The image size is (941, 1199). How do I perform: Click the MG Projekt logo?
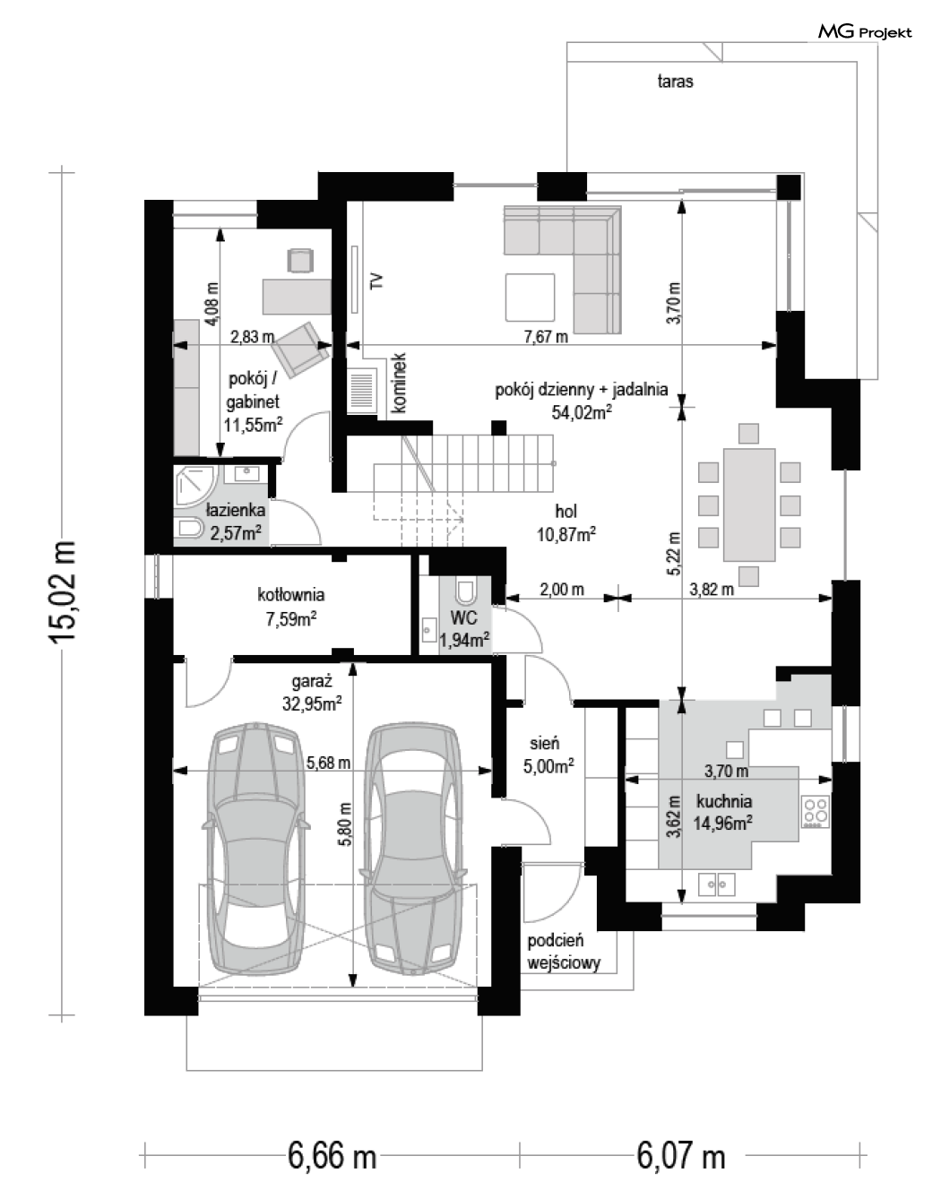pyautogui.click(x=864, y=32)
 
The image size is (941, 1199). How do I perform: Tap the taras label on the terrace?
pyautogui.click(x=675, y=82)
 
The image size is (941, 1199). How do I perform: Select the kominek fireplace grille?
pyautogui.click(x=362, y=391)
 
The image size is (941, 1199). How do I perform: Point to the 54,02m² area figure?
pyautogui.click(x=582, y=411)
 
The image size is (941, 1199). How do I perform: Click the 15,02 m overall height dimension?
pyautogui.click(x=62, y=591)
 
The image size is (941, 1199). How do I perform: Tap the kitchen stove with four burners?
pyautogui.click(x=816, y=812)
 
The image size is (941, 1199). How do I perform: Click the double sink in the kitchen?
pyautogui.click(x=717, y=884)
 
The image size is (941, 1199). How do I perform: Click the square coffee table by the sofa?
pyautogui.click(x=530, y=297)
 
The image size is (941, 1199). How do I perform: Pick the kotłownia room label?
pyautogui.click(x=291, y=594)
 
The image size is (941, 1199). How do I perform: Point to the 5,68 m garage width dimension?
pyautogui.click(x=329, y=763)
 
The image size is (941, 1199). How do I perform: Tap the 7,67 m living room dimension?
pyautogui.click(x=546, y=336)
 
